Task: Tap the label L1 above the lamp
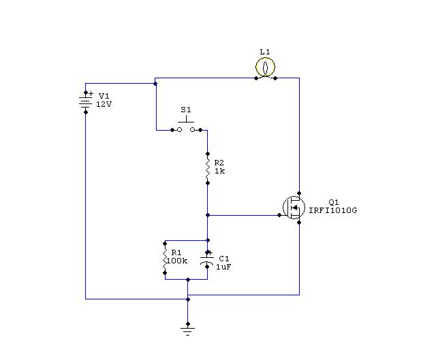point(265,52)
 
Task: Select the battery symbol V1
point(86,102)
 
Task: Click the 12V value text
point(104,104)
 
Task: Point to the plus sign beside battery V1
point(91,94)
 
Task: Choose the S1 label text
point(186,110)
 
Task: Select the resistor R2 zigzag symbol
point(208,168)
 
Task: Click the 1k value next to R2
point(219,171)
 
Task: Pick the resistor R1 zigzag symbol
point(165,258)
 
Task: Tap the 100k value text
point(177,261)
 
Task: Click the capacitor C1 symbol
point(207,259)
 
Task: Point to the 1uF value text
point(223,267)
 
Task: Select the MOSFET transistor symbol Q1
point(294,208)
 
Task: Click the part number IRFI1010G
point(333,210)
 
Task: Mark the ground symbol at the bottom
point(188,330)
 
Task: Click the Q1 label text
point(334,202)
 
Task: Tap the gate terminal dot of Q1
point(279,215)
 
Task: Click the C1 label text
point(224,259)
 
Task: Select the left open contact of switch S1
point(180,130)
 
